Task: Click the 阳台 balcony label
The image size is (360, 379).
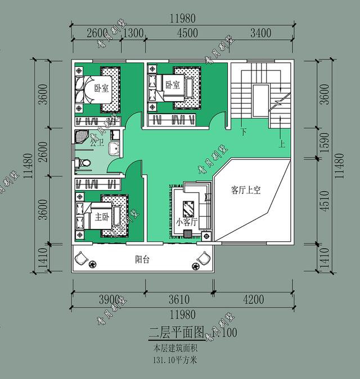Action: (x=142, y=260)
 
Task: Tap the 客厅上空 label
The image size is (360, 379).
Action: (x=245, y=190)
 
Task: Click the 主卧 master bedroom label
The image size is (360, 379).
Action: (x=102, y=216)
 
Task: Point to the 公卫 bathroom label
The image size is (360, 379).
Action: (x=97, y=143)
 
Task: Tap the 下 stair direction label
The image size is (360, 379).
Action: (x=244, y=133)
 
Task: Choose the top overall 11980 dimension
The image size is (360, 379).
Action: (x=183, y=18)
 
